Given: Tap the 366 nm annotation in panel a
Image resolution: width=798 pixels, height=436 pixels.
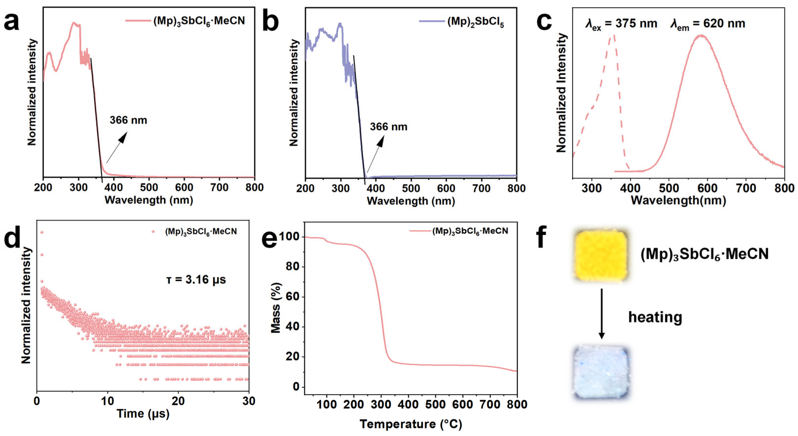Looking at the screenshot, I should [x=128, y=120].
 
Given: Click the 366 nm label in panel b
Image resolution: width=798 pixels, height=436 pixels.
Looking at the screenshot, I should [x=388, y=127].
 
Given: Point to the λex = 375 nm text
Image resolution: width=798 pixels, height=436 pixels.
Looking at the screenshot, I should [x=621, y=24].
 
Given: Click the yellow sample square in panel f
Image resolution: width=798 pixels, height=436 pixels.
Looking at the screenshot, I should [x=601, y=255].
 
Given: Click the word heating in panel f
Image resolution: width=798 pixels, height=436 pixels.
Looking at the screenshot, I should [x=655, y=317].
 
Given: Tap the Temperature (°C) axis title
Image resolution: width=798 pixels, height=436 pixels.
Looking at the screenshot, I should [x=411, y=424].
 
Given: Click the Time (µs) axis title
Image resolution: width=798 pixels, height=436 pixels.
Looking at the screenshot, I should [x=143, y=413].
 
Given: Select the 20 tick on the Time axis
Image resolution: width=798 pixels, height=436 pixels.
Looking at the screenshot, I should [x=178, y=401].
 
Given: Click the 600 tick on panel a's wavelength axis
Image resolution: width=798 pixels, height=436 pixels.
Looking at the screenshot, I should [x=184, y=188].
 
